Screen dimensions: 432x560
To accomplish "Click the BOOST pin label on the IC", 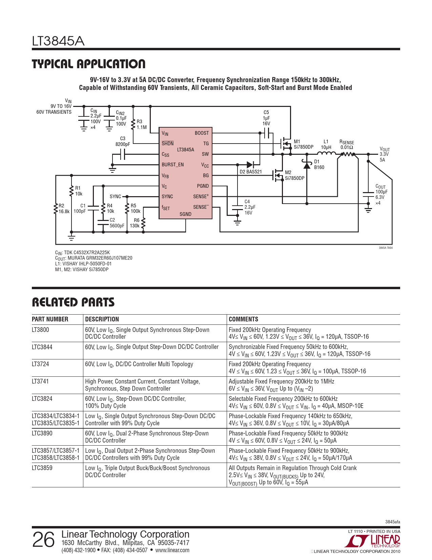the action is (x=202, y=133).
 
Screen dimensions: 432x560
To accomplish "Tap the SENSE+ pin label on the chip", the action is (x=201, y=197).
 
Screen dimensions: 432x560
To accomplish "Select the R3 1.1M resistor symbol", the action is (x=133, y=125).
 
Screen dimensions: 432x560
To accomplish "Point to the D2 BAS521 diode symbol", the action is (x=250, y=165).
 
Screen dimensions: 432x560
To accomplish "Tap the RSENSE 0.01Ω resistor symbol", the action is (x=347, y=154).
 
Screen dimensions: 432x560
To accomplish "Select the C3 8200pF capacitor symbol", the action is (x=123, y=154).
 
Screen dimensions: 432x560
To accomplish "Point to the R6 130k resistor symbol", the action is (x=143, y=223).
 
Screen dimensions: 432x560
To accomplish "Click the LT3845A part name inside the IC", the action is (x=186, y=150).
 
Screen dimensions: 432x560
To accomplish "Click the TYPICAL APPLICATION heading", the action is (x=88, y=64).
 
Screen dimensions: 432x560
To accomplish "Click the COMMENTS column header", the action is (x=243, y=319).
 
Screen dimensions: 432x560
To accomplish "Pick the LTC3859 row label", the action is (x=42, y=468).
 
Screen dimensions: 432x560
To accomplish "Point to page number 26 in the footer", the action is (x=43, y=540).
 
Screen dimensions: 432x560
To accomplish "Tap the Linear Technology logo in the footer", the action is (x=372, y=541).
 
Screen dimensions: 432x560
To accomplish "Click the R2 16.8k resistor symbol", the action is (x=56, y=209).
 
